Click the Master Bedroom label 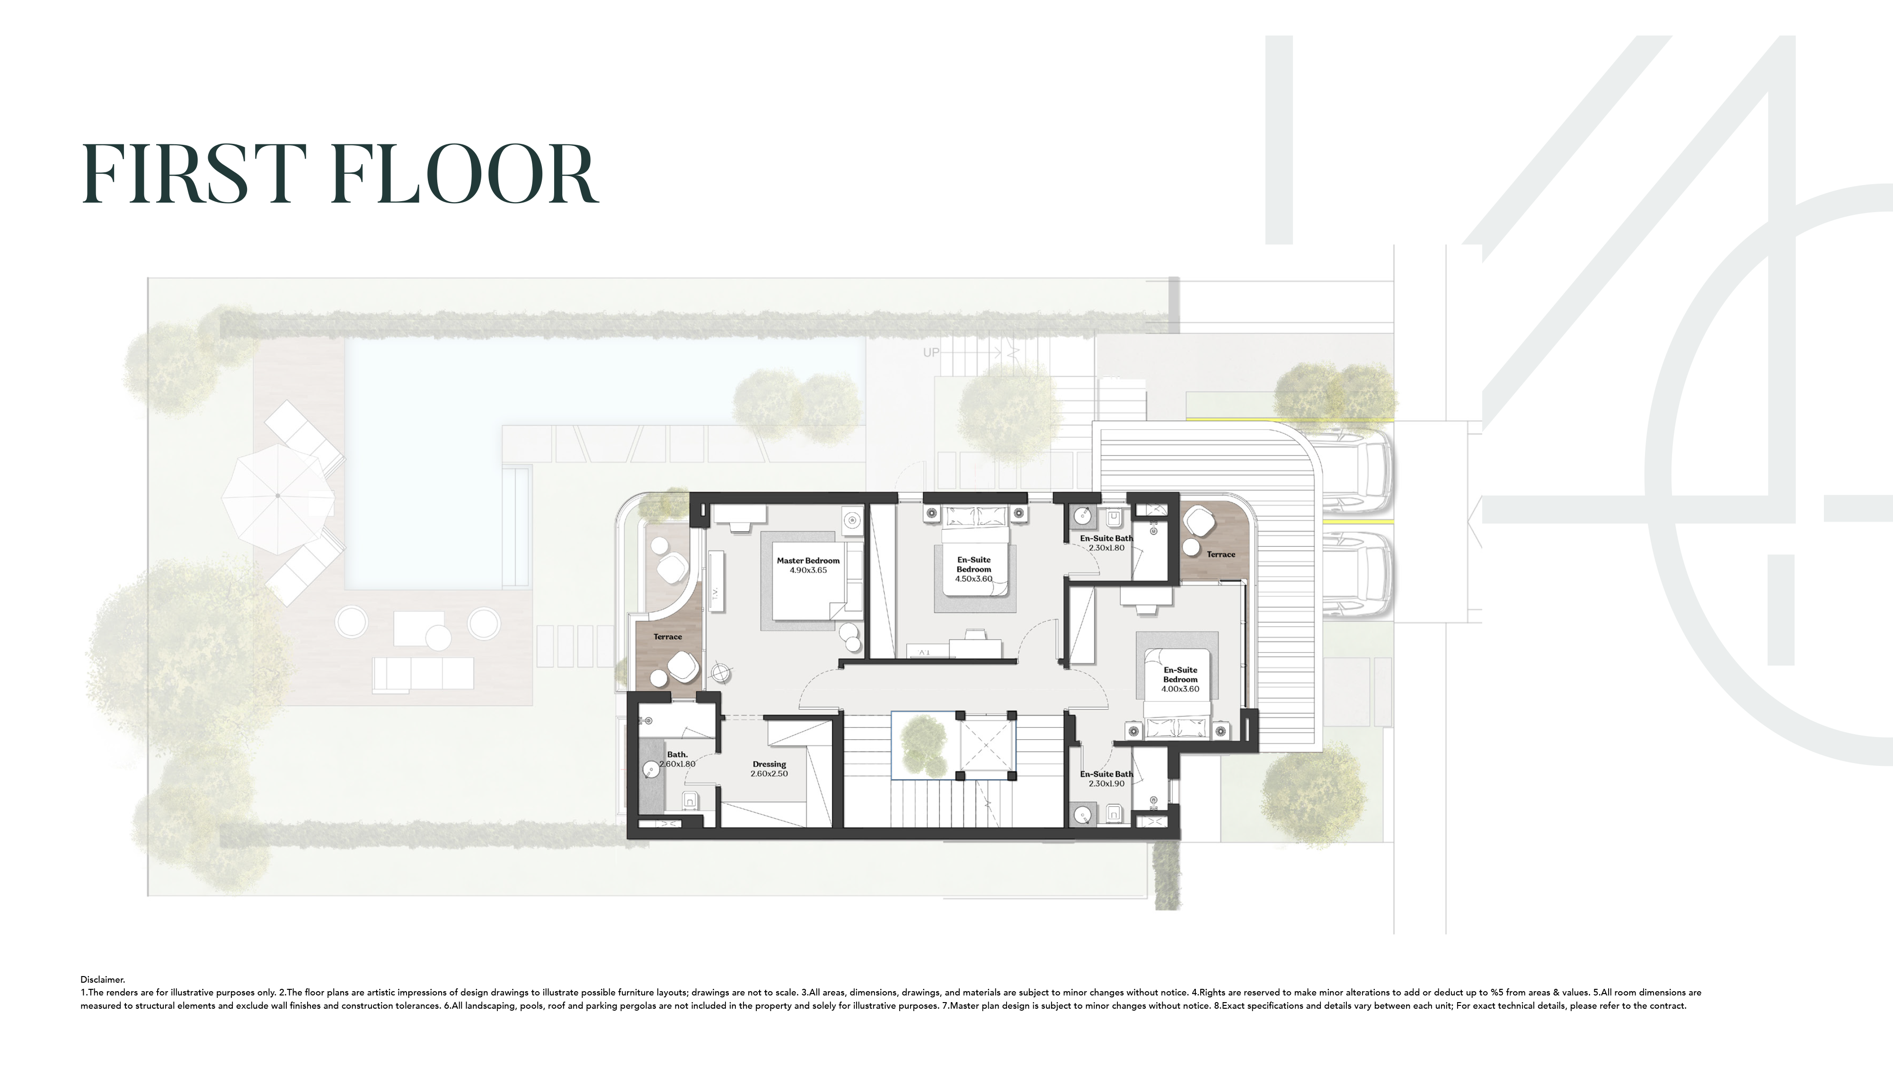tap(808, 560)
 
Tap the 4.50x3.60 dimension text tap(973, 578)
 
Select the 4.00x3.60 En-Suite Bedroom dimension tap(1179, 689)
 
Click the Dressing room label tap(769, 764)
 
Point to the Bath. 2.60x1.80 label tap(677, 759)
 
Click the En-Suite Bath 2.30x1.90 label tap(1106, 779)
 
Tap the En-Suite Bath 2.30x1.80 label tap(1106, 542)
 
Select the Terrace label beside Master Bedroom tap(667, 637)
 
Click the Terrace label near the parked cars tap(1221, 554)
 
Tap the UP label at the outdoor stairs tap(930, 353)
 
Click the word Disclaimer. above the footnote tap(103, 979)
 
